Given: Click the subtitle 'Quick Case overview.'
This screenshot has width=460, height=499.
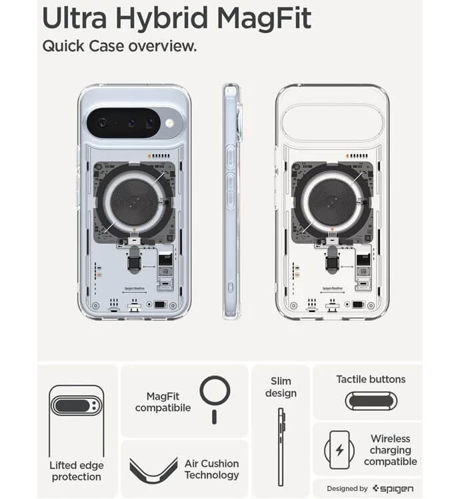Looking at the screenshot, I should click(x=119, y=47).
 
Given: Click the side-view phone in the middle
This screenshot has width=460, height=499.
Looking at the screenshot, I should click(x=231, y=200).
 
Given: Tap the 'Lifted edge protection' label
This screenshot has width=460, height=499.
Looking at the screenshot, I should click(x=76, y=471).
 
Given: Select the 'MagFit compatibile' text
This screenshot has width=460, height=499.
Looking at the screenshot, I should click(x=163, y=402).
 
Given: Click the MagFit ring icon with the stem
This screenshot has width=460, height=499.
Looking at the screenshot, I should click(x=215, y=396).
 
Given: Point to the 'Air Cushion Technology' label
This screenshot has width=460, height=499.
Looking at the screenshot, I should click(x=211, y=469).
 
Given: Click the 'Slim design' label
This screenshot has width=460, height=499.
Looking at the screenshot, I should click(x=281, y=387).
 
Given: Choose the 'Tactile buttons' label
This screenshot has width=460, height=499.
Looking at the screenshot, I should click(x=371, y=379).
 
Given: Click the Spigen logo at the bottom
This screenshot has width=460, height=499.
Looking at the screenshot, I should click(x=397, y=488).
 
